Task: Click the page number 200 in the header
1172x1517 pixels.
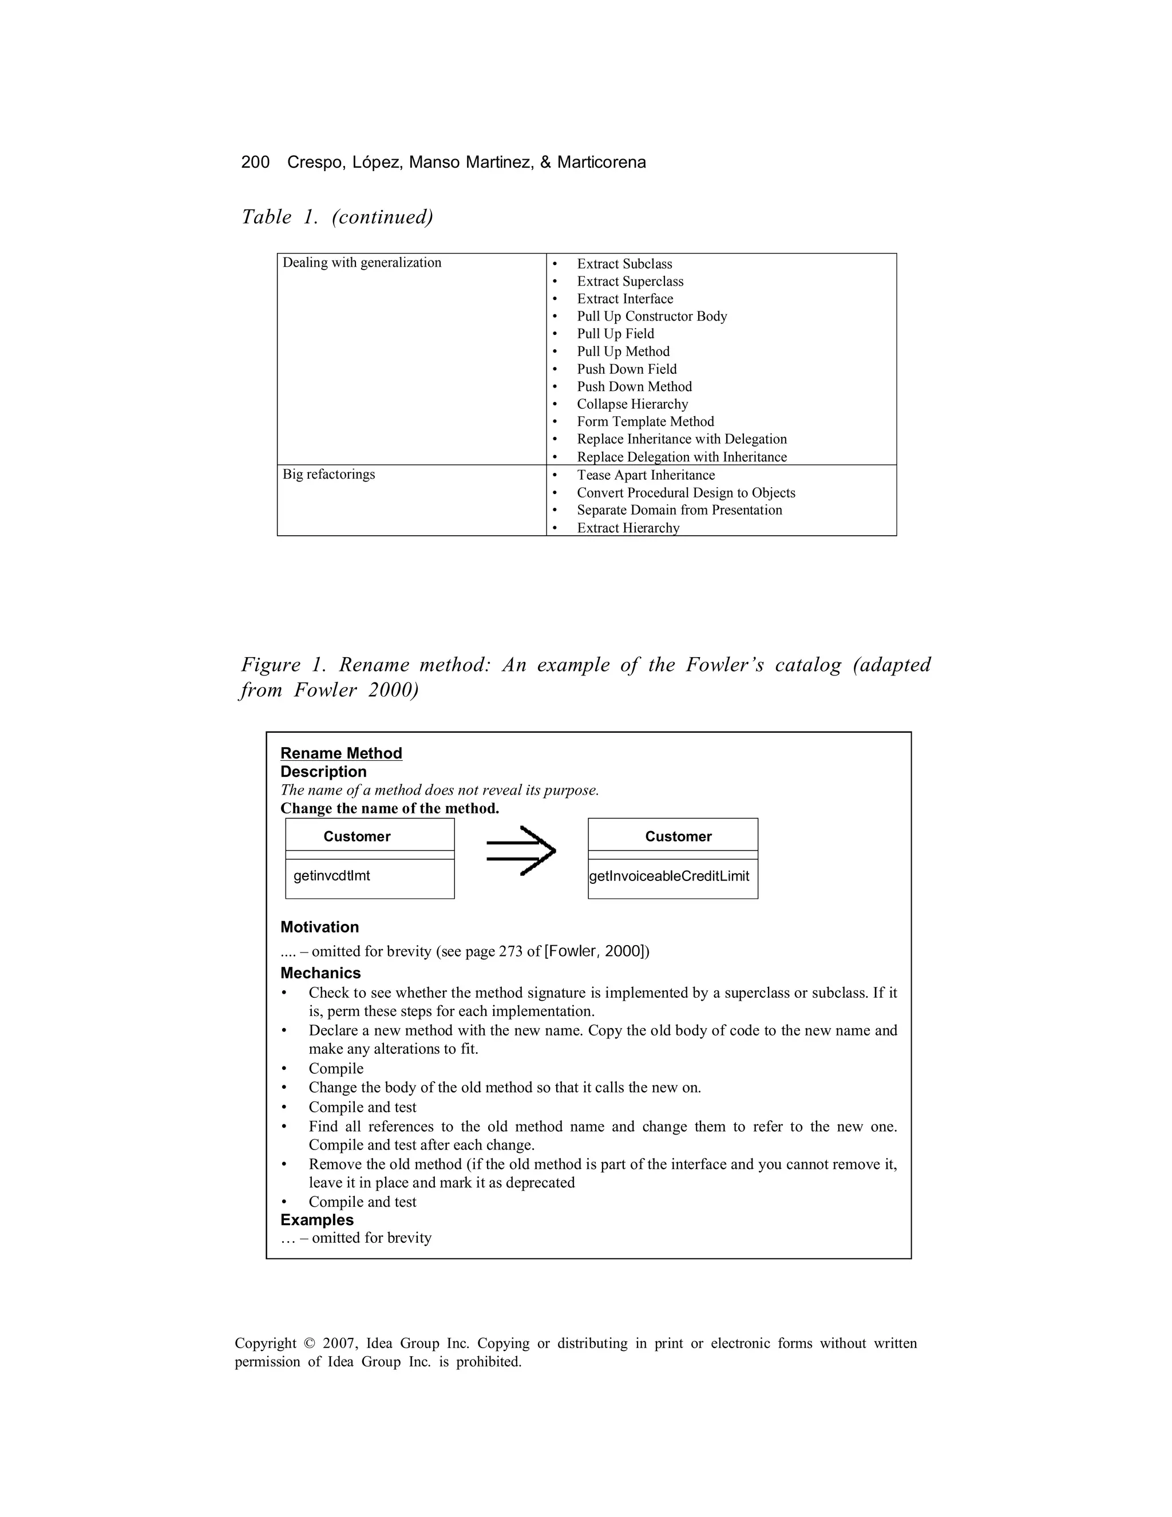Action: pos(255,162)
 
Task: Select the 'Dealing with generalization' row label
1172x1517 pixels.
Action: pos(361,263)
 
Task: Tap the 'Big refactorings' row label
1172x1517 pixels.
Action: pos(328,475)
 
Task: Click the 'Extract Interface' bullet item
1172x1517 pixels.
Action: pos(624,299)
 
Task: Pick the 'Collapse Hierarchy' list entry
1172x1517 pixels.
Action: pos(632,404)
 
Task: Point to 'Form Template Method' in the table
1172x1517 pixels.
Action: pos(645,422)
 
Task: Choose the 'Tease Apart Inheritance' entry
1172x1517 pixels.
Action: pos(645,475)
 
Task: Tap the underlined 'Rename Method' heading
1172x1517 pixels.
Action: pos(341,754)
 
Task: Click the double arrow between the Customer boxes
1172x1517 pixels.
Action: pos(521,851)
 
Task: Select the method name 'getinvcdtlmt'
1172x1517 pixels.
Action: pos(331,876)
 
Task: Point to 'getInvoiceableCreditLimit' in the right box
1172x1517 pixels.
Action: pos(668,876)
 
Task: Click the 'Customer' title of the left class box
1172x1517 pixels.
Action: pos(357,836)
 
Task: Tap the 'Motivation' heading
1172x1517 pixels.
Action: pos(319,927)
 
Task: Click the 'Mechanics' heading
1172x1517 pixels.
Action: pos(320,973)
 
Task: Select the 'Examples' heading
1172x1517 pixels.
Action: pos(316,1220)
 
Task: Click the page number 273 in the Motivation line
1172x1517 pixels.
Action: pos(510,951)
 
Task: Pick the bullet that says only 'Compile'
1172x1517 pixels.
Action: pos(336,1069)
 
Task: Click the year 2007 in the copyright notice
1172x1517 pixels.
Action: pos(339,1344)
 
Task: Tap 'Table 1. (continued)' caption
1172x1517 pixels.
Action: pos(336,217)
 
